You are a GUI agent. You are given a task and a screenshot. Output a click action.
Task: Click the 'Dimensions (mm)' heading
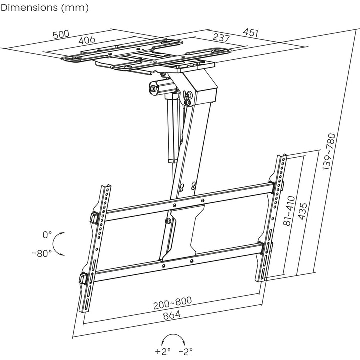pyautogui.click(x=45, y=8)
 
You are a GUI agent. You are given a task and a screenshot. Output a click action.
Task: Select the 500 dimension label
pyautogui.click(x=61, y=35)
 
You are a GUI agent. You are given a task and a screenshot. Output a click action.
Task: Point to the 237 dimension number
pyautogui.click(x=221, y=38)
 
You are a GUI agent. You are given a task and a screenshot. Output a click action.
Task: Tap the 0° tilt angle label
pyautogui.click(x=47, y=234)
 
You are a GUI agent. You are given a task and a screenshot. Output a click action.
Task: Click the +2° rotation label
pyautogui.click(x=163, y=351)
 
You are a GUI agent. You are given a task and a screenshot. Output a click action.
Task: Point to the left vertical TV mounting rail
pyautogui.click(x=94, y=250)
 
